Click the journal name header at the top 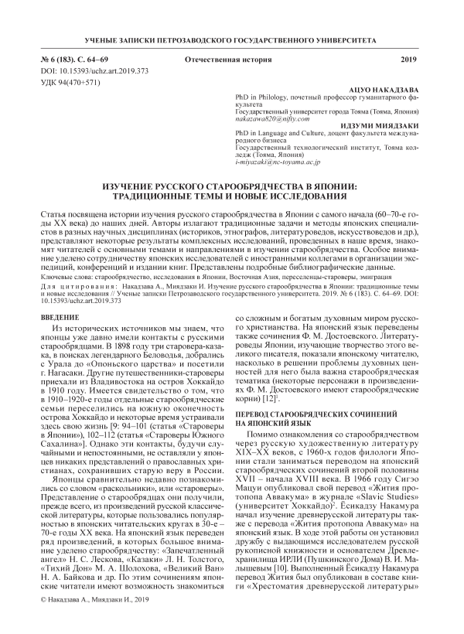[231, 39]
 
